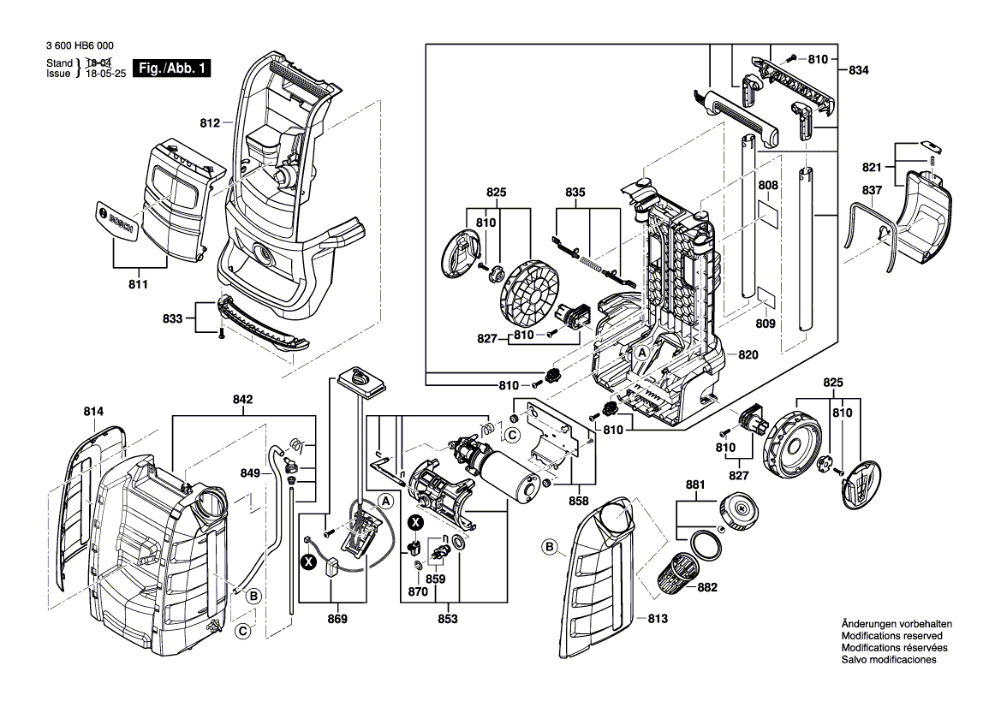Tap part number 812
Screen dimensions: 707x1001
pyautogui.click(x=210, y=122)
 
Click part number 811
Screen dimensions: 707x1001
pyautogui.click(x=138, y=283)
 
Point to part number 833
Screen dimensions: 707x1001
pyautogui.click(x=173, y=318)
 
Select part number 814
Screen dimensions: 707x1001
pyautogui.click(x=93, y=413)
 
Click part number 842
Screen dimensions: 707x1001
pyautogui.click(x=242, y=399)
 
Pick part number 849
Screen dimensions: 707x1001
pyautogui.click(x=250, y=472)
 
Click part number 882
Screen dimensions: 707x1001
pyautogui.click(x=706, y=587)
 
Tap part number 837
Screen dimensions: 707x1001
pyautogui.click(x=872, y=189)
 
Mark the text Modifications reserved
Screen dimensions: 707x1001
pyautogui.click(x=891, y=637)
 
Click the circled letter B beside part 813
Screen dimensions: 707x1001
pyautogui.click(x=549, y=546)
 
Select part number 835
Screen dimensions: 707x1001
pyautogui.click(x=575, y=193)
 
